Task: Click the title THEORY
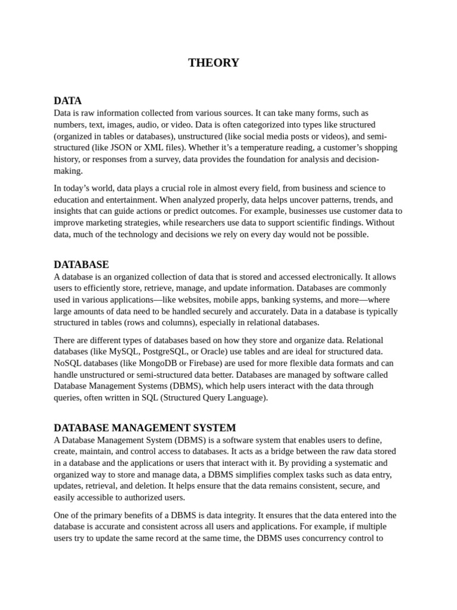coord(214,63)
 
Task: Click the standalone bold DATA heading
coord(68,101)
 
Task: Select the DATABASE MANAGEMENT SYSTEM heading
coord(145,428)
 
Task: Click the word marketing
coord(105,223)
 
